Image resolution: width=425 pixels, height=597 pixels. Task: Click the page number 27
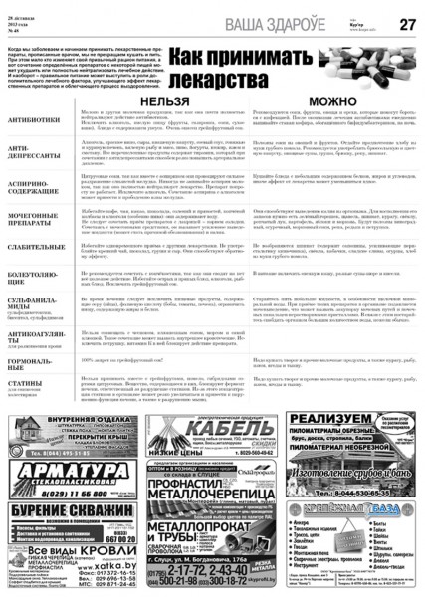click(407, 23)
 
